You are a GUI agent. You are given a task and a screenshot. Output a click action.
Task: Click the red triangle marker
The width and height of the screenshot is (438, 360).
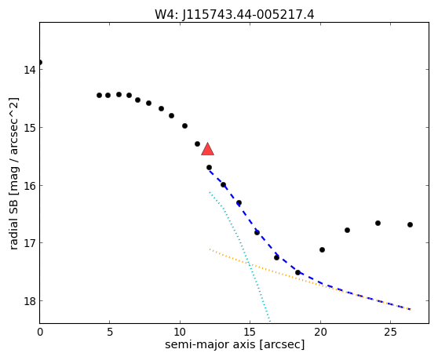(x=207, y=149)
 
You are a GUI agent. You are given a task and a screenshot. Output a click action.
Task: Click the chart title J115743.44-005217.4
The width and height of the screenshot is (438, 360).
(x=248, y=15)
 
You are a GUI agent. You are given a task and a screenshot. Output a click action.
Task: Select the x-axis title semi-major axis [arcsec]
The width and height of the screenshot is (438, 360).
(x=235, y=344)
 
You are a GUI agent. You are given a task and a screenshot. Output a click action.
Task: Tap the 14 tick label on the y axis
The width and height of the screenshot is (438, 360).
(x=30, y=70)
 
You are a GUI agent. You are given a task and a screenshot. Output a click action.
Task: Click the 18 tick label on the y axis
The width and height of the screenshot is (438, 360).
(x=30, y=301)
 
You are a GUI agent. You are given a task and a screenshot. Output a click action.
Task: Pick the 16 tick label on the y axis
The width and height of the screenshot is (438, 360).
(x=30, y=186)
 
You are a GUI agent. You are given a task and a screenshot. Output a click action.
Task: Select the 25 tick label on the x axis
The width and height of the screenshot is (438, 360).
(x=390, y=332)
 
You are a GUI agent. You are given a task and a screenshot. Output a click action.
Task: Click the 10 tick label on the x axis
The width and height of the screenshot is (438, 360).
(x=180, y=332)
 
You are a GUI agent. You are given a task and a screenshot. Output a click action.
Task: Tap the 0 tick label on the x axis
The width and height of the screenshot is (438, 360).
(x=40, y=332)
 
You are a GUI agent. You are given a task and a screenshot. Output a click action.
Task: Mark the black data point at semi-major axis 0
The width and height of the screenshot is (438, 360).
(x=40, y=62)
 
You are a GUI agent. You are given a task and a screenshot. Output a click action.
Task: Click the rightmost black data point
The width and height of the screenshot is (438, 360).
(x=410, y=224)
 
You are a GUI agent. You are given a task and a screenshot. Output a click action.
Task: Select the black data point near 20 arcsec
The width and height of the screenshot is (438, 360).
(x=322, y=249)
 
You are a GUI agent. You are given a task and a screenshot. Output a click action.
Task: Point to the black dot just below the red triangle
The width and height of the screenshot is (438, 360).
(x=209, y=167)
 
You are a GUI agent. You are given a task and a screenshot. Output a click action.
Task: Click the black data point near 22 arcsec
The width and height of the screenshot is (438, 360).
(x=347, y=231)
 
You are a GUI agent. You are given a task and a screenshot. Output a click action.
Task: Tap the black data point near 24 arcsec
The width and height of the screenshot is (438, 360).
(x=378, y=223)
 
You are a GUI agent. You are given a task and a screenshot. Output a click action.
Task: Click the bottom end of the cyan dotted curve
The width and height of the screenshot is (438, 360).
(x=269, y=322)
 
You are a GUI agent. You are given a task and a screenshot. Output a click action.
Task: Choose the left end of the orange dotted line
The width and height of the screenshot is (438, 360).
(x=210, y=249)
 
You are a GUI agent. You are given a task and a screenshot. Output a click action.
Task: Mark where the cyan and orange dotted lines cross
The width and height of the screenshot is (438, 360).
(x=249, y=264)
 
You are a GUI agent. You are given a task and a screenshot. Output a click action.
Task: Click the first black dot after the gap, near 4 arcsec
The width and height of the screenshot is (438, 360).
(x=99, y=96)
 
